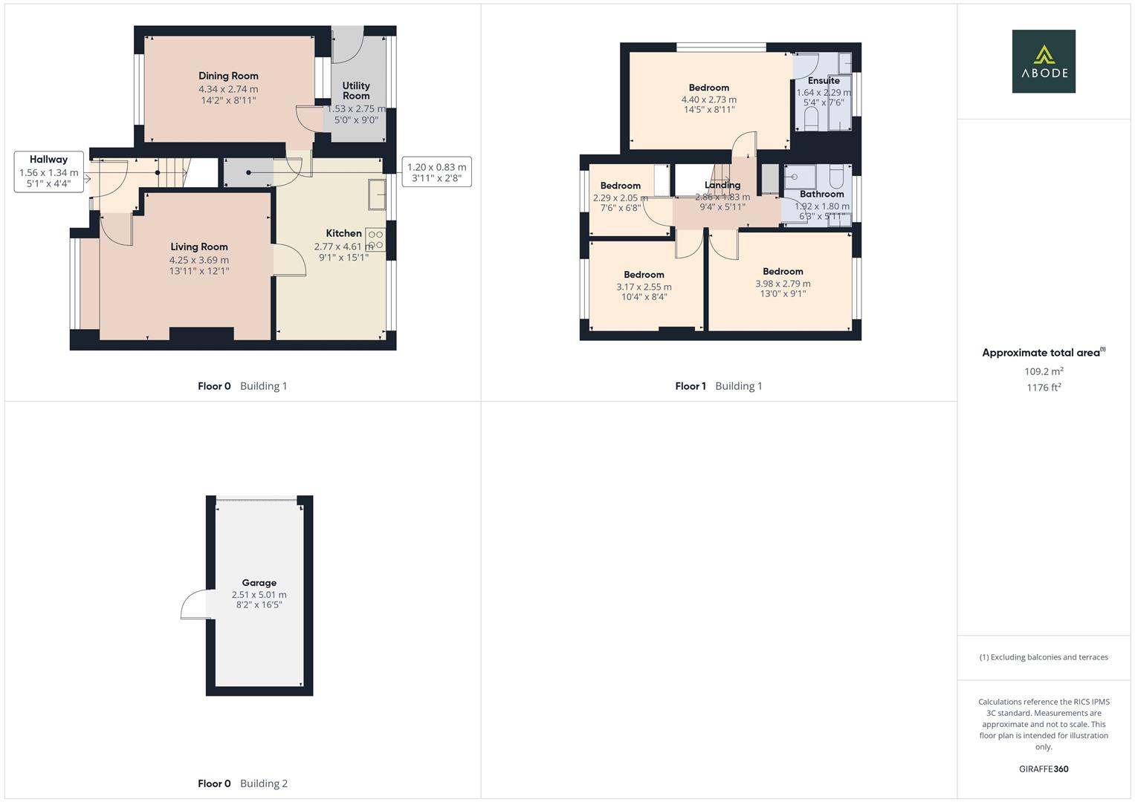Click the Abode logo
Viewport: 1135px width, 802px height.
(1043, 62)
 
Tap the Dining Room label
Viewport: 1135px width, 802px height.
(228, 76)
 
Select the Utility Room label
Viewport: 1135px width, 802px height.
(356, 91)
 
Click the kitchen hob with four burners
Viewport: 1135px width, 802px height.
(375, 240)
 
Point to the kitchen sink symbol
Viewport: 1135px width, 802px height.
(377, 195)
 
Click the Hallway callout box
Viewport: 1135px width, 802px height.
(48, 172)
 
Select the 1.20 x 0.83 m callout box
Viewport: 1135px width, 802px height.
(436, 172)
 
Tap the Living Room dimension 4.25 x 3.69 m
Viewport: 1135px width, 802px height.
(198, 260)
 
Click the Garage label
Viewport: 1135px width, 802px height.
(259, 583)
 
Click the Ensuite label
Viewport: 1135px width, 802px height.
(824, 80)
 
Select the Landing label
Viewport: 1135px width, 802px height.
(722, 185)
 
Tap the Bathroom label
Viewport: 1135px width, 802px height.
(821, 194)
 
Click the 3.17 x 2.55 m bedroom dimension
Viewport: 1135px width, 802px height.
(644, 287)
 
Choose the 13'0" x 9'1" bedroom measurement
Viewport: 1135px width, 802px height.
(783, 293)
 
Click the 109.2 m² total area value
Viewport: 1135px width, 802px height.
(1043, 371)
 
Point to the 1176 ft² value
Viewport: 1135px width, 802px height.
(1043, 387)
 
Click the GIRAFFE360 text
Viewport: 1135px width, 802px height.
(1043, 769)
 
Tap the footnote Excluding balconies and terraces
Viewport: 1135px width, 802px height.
(1043, 657)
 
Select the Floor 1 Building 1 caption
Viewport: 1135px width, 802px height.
(718, 386)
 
